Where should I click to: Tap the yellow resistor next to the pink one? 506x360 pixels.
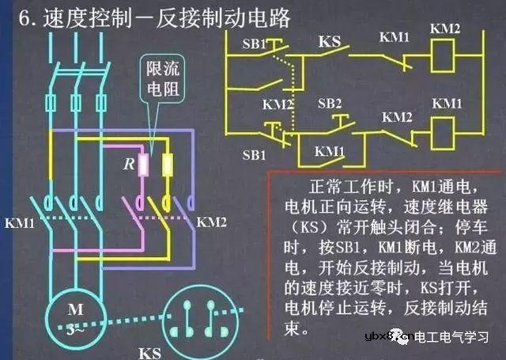(168, 165)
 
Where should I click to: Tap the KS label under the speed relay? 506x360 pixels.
(151, 349)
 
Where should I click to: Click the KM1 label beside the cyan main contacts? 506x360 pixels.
(20, 224)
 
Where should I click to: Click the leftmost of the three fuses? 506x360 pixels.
(53, 103)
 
